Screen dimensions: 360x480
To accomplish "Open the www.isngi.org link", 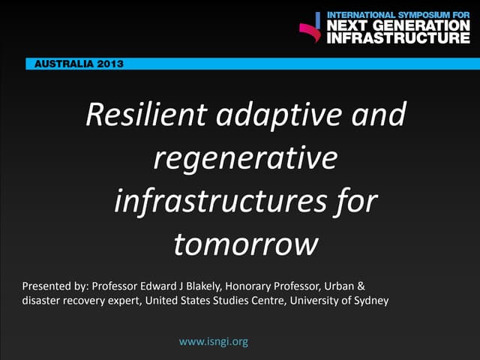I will point(214,342).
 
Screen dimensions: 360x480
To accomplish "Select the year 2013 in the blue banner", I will point(110,64).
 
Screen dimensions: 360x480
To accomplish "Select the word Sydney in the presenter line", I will point(367,302).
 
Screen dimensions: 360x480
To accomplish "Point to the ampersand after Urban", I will point(361,287).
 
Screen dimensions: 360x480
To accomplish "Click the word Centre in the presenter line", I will point(276,302).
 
